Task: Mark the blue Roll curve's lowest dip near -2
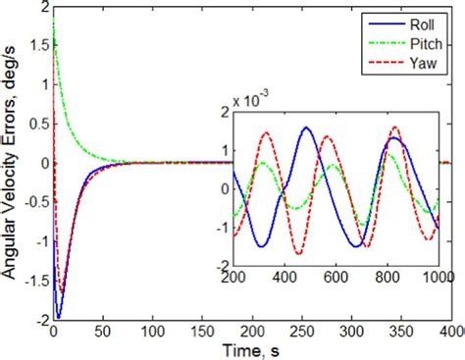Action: point(58,318)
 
